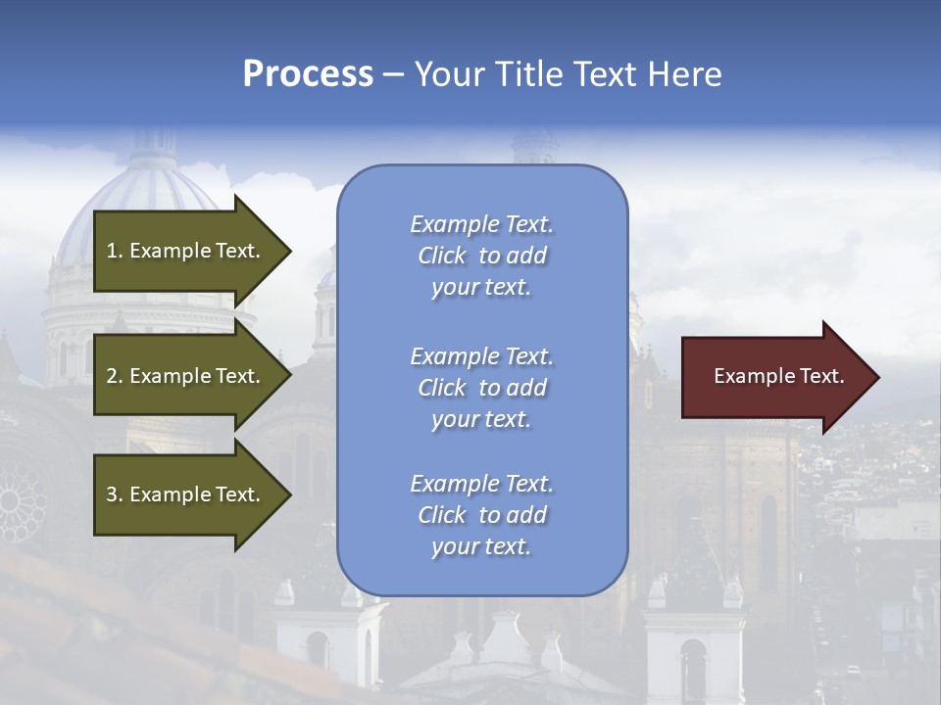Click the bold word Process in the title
(308, 74)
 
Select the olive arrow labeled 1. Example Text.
(186, 251)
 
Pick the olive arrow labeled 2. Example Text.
(186, 376)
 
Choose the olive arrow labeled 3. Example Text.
(186, 494)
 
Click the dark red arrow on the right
(774, 377)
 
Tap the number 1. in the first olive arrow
(115, 251)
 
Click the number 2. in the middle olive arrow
(115, 376)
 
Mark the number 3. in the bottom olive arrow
(115, 494)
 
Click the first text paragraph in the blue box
(481, 256)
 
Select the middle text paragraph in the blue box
(481, 388)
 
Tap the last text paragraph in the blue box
(481, 515)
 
